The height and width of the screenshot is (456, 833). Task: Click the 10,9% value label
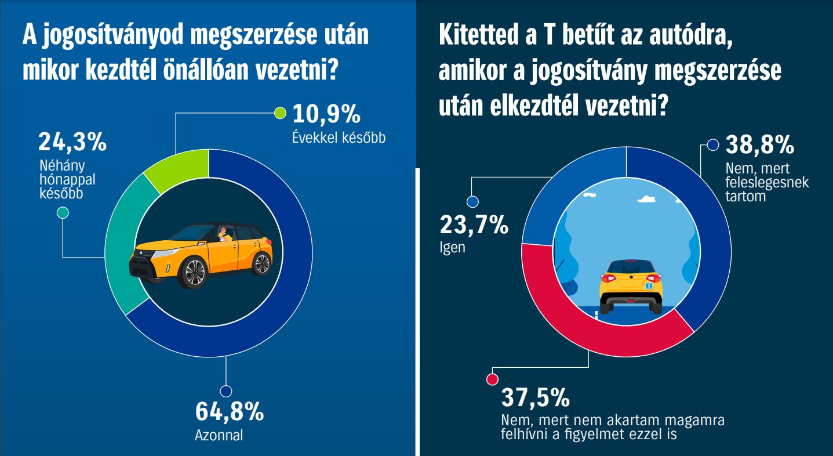coord(326,114)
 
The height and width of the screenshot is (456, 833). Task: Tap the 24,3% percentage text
coord(72,142)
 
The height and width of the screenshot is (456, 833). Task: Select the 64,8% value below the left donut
coord(230,411)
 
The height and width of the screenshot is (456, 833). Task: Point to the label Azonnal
coord(219,435)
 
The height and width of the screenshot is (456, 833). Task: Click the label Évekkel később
coord(339,138)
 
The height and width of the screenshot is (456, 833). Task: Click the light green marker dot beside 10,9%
coord(279,113)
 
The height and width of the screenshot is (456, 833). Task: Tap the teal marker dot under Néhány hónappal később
coord(63,213)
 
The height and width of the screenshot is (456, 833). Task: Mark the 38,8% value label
coord(760,145)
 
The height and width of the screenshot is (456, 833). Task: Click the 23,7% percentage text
coord(474,225)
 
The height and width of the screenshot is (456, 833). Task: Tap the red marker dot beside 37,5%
coord(492,379)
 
